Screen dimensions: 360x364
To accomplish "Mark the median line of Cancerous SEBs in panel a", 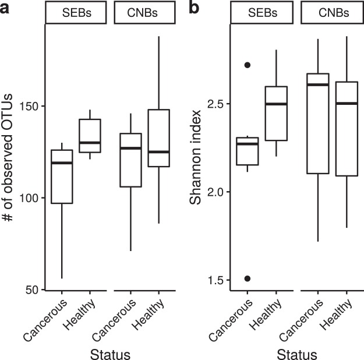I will pos(62,163).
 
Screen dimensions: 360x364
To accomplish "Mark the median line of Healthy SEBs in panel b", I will pos(276,104).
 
